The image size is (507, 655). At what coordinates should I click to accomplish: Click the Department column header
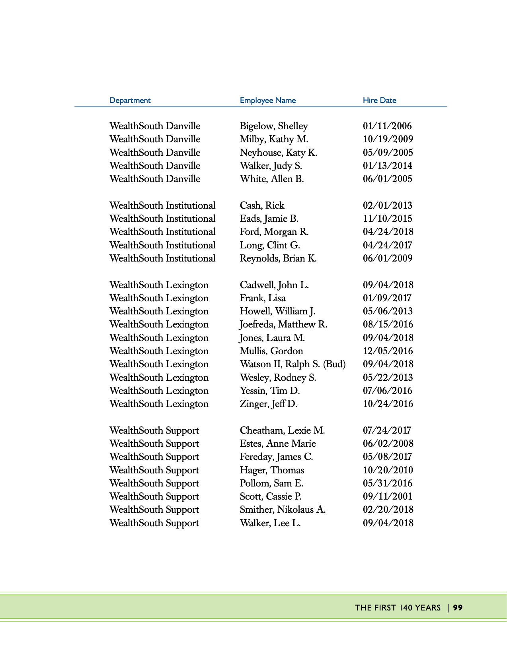click(130, 100)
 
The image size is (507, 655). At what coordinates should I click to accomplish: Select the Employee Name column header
click(267, 100)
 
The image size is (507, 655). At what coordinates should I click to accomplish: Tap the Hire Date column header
click(379, 100)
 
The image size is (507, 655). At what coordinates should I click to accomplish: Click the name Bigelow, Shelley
click(273, 126)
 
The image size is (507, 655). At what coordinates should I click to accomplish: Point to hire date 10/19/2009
click(388, 139)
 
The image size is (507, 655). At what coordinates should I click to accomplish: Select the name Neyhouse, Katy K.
click(278, 153)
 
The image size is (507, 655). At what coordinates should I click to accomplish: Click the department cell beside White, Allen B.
click(155, 179)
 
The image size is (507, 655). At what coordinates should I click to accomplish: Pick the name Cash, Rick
click(262, 205)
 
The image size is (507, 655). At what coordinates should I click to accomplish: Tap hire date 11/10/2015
click(387, 219)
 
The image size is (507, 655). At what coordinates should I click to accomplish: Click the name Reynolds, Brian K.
click(278, 258)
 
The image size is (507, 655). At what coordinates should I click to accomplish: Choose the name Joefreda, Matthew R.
click(283, 324)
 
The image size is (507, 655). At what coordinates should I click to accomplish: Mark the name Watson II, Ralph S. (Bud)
click(292, 364)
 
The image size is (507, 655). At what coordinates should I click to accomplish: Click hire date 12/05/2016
click(388, 351)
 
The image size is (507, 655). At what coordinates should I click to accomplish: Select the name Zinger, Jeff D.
click(268, 404)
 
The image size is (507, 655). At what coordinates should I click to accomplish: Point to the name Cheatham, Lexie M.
click(282, 430)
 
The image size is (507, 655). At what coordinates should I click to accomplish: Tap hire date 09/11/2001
click(387, 496)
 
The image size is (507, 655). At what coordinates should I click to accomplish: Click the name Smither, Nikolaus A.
click(283, 510)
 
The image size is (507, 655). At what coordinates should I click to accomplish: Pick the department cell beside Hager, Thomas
click(154, 470)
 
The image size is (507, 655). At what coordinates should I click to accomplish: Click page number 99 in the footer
click(458, 608)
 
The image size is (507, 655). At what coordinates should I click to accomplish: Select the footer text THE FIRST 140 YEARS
click(398, 608)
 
